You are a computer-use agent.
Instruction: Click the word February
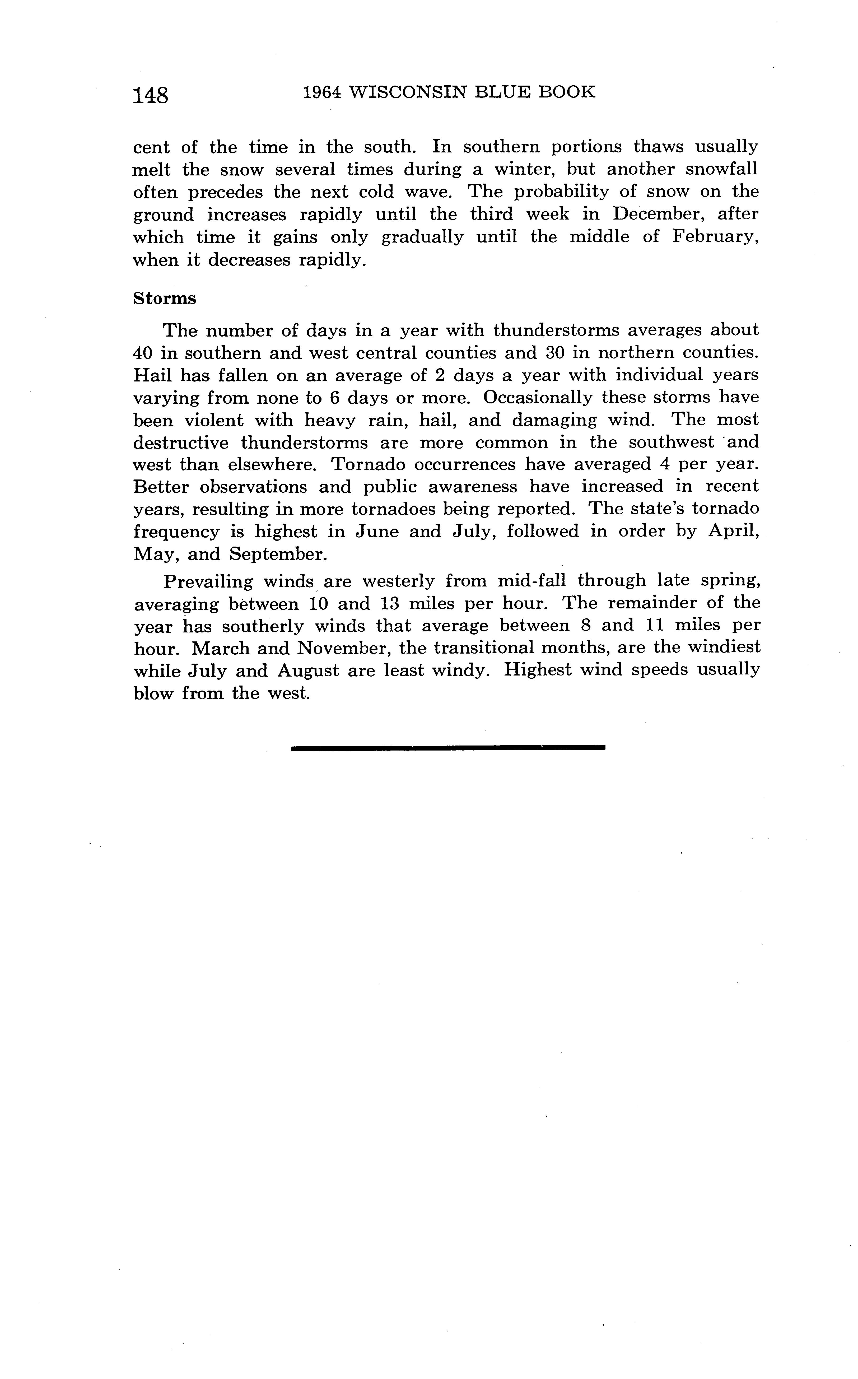715,237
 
